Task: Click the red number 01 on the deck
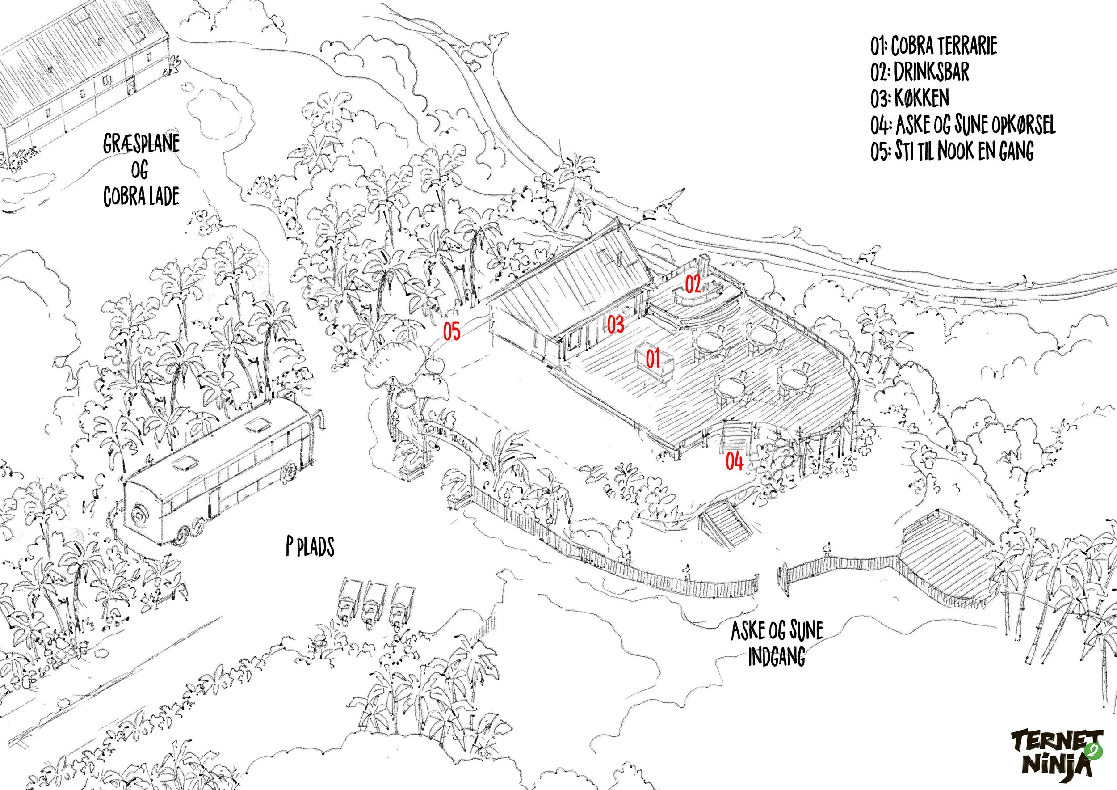[x=653, y=359]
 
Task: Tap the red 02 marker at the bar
[x=693, y=284]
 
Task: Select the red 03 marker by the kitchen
[x=615, y=324]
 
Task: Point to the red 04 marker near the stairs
[x=735, y=461]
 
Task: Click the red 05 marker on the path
[x=451, y=332]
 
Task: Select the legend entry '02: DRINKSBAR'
[x=920, y=72]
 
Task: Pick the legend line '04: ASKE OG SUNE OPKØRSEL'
[x=963, y=125]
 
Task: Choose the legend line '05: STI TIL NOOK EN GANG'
[x=952, y=151]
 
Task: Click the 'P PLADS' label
[x=310, y=547]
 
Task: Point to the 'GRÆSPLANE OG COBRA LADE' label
[x=141, y=170]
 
